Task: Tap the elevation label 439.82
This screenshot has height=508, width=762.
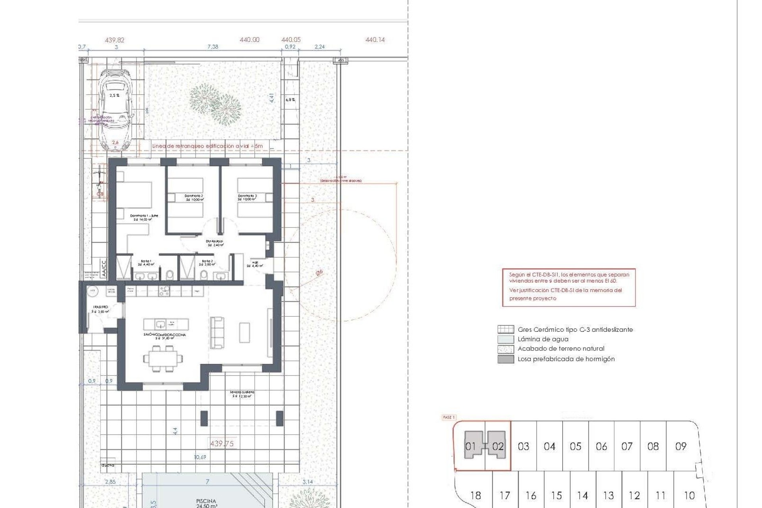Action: click(115, 40)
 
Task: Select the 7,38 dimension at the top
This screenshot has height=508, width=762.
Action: click(213, 47)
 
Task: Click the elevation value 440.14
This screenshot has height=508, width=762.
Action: click(375, 40)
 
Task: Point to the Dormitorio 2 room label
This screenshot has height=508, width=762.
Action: click(194, 198)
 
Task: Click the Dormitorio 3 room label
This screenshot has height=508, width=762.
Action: click(247, 198)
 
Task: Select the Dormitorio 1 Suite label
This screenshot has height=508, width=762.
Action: click(144, 217)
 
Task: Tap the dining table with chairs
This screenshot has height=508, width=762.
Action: click(163, 359)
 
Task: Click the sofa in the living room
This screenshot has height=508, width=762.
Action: click(217, 333)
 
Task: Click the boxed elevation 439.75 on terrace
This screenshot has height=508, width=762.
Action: click(221, 444)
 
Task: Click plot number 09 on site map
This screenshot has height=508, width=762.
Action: click(681, 446)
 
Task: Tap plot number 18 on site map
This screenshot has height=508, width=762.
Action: click(475, 495)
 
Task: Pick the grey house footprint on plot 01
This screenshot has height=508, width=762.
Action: click(473, 445)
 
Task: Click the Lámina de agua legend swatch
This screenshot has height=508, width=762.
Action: click(506, 339)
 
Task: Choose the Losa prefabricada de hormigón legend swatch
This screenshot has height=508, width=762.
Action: click(506, 359)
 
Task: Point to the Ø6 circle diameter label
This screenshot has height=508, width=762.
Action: click(319, 273)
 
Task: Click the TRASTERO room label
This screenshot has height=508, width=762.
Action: click(100, 307)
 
